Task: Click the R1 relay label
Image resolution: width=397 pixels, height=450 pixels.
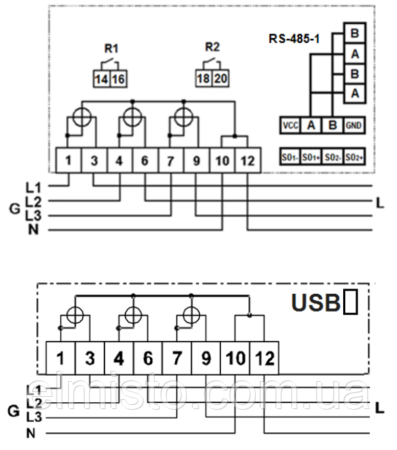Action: click(x=111, y=48)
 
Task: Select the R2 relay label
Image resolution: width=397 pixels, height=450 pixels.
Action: click(x=213, y=47)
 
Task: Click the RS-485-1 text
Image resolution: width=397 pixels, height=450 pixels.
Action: click(x=295, y=39)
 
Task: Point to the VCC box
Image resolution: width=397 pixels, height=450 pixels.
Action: click(x=289, y=125)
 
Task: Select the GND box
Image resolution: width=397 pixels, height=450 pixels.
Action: click(x=353, y=125)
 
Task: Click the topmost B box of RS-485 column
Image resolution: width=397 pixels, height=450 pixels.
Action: click(x=354, y=33)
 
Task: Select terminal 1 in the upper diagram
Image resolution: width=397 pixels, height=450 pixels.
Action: click(x=69, y=161)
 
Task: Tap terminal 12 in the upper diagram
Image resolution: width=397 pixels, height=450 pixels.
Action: click(x=247, y=161)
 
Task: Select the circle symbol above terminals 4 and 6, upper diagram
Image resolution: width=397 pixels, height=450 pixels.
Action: click(x=132, y=116)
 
